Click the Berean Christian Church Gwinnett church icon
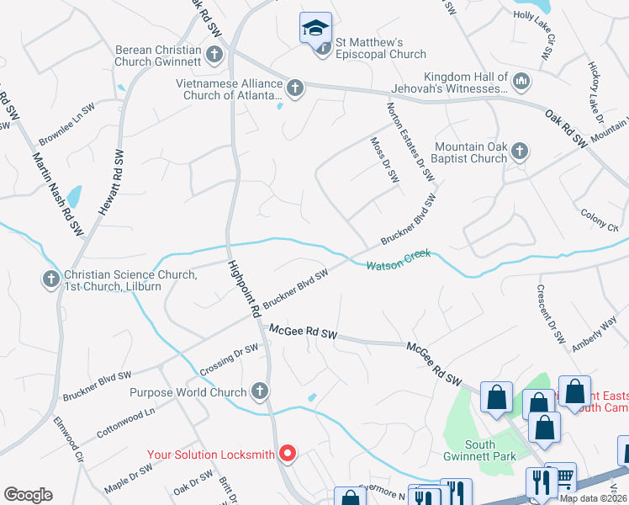(x=214, y=56)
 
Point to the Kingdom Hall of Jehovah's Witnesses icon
(x=521, y=81)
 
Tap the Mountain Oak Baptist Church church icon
(x=520, y=151)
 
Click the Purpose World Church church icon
(x=260, y=391)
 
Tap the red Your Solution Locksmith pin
(x=288, y=454)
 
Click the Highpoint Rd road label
(x=242, y=288)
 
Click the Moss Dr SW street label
(x=383, y=159)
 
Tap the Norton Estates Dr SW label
(x=410, y=142)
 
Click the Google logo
(x=28, y=495)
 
